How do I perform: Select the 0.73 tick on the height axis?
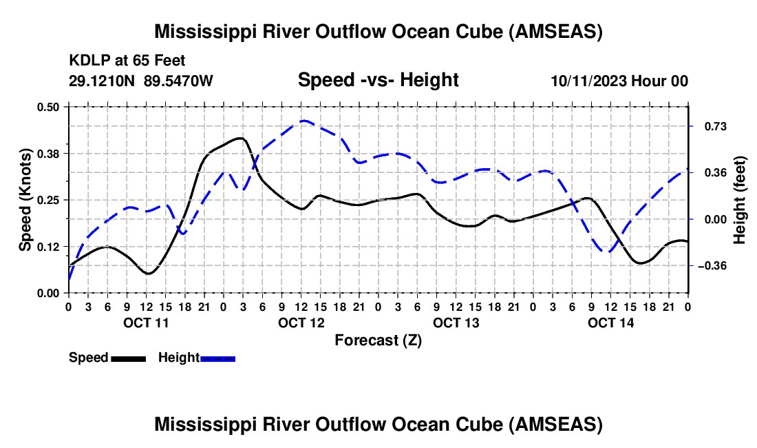click(708, 126)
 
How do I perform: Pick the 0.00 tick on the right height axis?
click(708, 219)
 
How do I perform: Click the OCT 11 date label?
click(145, 323)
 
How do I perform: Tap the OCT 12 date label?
click(301, 323)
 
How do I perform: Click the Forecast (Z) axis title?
click(378, 340)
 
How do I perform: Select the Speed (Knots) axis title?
click(25, 200)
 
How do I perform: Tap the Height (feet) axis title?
click(740, 200)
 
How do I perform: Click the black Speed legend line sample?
click(128, 358)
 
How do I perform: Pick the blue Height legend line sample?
click(217, 358)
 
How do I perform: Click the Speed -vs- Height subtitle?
click(378, 80)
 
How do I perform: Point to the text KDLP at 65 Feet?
click(127, 61)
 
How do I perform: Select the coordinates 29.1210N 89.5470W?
click(141, 81)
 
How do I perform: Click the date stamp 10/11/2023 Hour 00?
click(619, 81)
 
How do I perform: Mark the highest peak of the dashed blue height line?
click(304, 121)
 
